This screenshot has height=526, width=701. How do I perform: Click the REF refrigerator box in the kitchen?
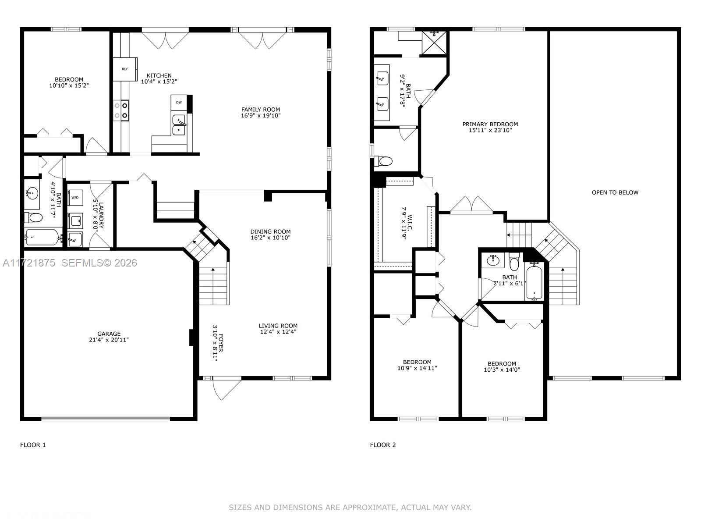125,69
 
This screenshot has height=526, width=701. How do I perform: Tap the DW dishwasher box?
179,103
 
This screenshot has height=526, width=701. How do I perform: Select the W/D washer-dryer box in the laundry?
75,198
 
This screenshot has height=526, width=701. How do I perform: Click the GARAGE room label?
109,334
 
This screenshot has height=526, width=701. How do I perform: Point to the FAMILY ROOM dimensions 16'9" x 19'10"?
261,116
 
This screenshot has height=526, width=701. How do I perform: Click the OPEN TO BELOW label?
615,192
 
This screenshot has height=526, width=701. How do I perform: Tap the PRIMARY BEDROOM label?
490,124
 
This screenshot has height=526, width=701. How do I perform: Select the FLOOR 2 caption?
382,445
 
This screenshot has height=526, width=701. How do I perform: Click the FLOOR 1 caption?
33,445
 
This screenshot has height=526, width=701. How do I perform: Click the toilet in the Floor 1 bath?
34,217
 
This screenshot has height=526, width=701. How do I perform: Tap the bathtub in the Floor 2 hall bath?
534,281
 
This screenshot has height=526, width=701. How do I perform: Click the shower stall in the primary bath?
434,42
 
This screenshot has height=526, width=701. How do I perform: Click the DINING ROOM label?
270,231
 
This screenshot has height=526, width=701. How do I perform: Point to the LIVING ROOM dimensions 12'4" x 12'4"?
278,332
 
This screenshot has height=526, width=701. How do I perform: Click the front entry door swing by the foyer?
226,388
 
